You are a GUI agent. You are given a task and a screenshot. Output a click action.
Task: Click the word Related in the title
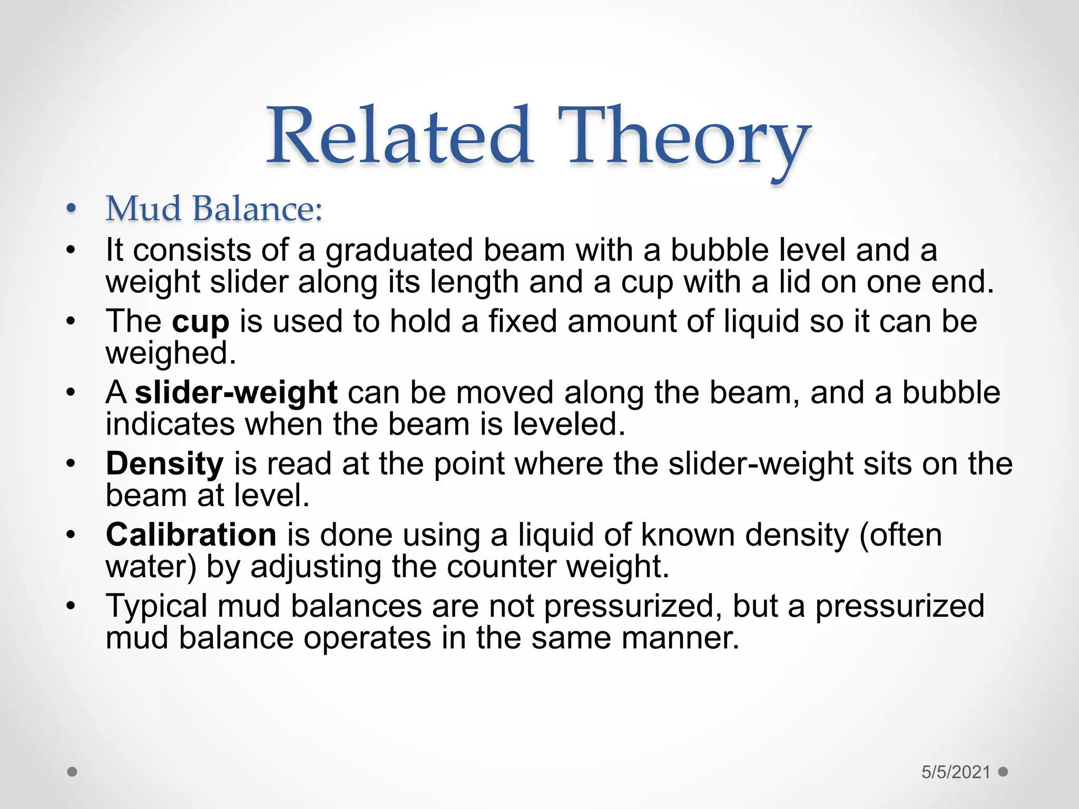(399, 136)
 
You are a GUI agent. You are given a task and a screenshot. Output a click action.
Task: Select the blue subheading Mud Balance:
(214, 209)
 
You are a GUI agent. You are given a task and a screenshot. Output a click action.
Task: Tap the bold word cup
(201, 322)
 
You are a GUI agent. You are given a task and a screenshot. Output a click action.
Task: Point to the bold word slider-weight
(236, 392)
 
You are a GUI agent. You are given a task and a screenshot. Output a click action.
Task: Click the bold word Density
(165, 463)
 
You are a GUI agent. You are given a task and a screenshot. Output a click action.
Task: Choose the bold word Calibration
(191, 535)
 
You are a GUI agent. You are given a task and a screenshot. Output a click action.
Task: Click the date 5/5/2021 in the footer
(956, 772)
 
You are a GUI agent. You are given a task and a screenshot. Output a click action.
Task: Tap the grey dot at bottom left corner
(73, 772)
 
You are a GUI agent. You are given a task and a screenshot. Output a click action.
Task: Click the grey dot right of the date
(1003, 772)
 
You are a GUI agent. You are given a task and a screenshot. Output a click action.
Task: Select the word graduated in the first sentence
(399, 251)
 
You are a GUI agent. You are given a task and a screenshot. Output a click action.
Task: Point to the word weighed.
(170, 353)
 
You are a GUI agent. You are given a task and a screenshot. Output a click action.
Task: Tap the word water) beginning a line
(151, 567)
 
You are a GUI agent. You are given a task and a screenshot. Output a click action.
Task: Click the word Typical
(156, 606)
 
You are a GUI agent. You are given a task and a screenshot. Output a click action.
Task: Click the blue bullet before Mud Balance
(72, 210)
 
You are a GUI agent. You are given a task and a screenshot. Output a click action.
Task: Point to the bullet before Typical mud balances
(72, 606)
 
